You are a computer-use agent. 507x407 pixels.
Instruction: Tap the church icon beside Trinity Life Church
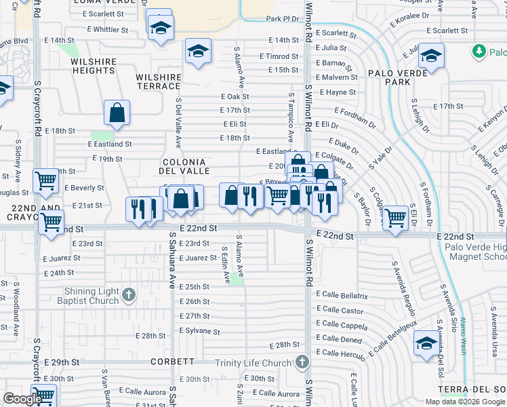(x=301, y=363)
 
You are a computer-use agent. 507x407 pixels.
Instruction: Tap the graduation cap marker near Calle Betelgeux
(x=426, y=343)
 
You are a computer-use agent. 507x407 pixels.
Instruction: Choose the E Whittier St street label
(x=101, y=30)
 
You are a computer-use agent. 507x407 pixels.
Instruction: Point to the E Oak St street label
(x=235, y=96)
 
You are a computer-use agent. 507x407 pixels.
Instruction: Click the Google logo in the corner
(x=22, y=399)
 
